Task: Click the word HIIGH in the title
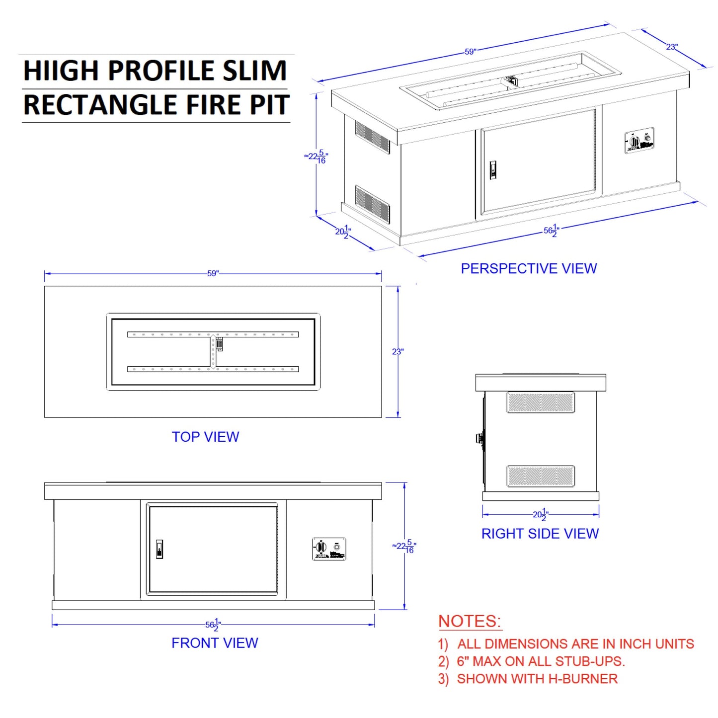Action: coord(62,71)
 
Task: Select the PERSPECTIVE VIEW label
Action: coord(529,269)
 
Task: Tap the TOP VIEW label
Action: coord(205,437)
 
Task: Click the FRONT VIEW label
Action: coord(215,643)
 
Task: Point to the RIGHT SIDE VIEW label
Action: coord(540,534)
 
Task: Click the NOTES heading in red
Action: coord(470,621)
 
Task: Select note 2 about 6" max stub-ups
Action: coord(531,661)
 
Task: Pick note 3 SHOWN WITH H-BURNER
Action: coord(528,679)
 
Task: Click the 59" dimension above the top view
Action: coord(213,273)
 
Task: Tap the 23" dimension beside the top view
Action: coord(398,352)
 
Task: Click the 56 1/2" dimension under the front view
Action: coord(213,625)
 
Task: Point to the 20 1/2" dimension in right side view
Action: coord(540,515)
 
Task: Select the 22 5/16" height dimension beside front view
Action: coord(404,546)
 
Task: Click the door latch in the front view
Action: coord(160,549)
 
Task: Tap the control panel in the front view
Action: coord(329,549)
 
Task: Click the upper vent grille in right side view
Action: coord(541,402)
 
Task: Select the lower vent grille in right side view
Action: coord(541,476)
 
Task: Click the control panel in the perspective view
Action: coord(639,141)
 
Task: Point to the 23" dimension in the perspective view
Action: coord(672,47)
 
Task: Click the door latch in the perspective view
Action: coord(493,170)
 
